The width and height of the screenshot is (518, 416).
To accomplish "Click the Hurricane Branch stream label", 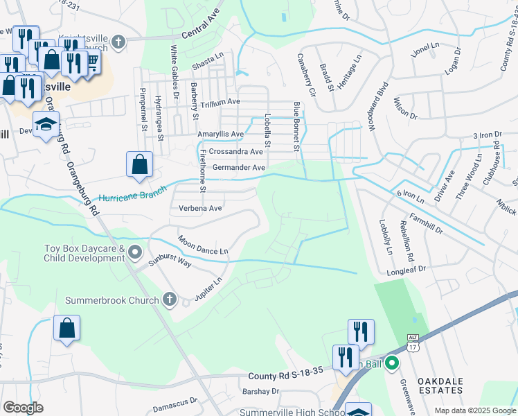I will (132, 193).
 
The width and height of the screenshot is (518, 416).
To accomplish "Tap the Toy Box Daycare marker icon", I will (134, 251).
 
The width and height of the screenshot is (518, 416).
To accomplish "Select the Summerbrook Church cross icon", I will (170, 300).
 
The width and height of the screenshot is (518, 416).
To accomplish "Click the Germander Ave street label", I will (239, 168).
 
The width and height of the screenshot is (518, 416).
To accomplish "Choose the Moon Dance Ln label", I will (203, 245).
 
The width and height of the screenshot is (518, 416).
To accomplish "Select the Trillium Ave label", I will (218, 101).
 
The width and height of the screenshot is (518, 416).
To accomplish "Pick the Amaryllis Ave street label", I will (221, 134).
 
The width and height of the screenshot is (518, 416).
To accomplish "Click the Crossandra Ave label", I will (235, 151).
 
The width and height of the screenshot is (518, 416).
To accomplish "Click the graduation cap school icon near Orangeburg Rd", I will (46, 124).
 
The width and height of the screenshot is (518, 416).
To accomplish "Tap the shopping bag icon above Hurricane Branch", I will (139, 164).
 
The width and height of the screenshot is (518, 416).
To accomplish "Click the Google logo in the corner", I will (23, 408).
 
